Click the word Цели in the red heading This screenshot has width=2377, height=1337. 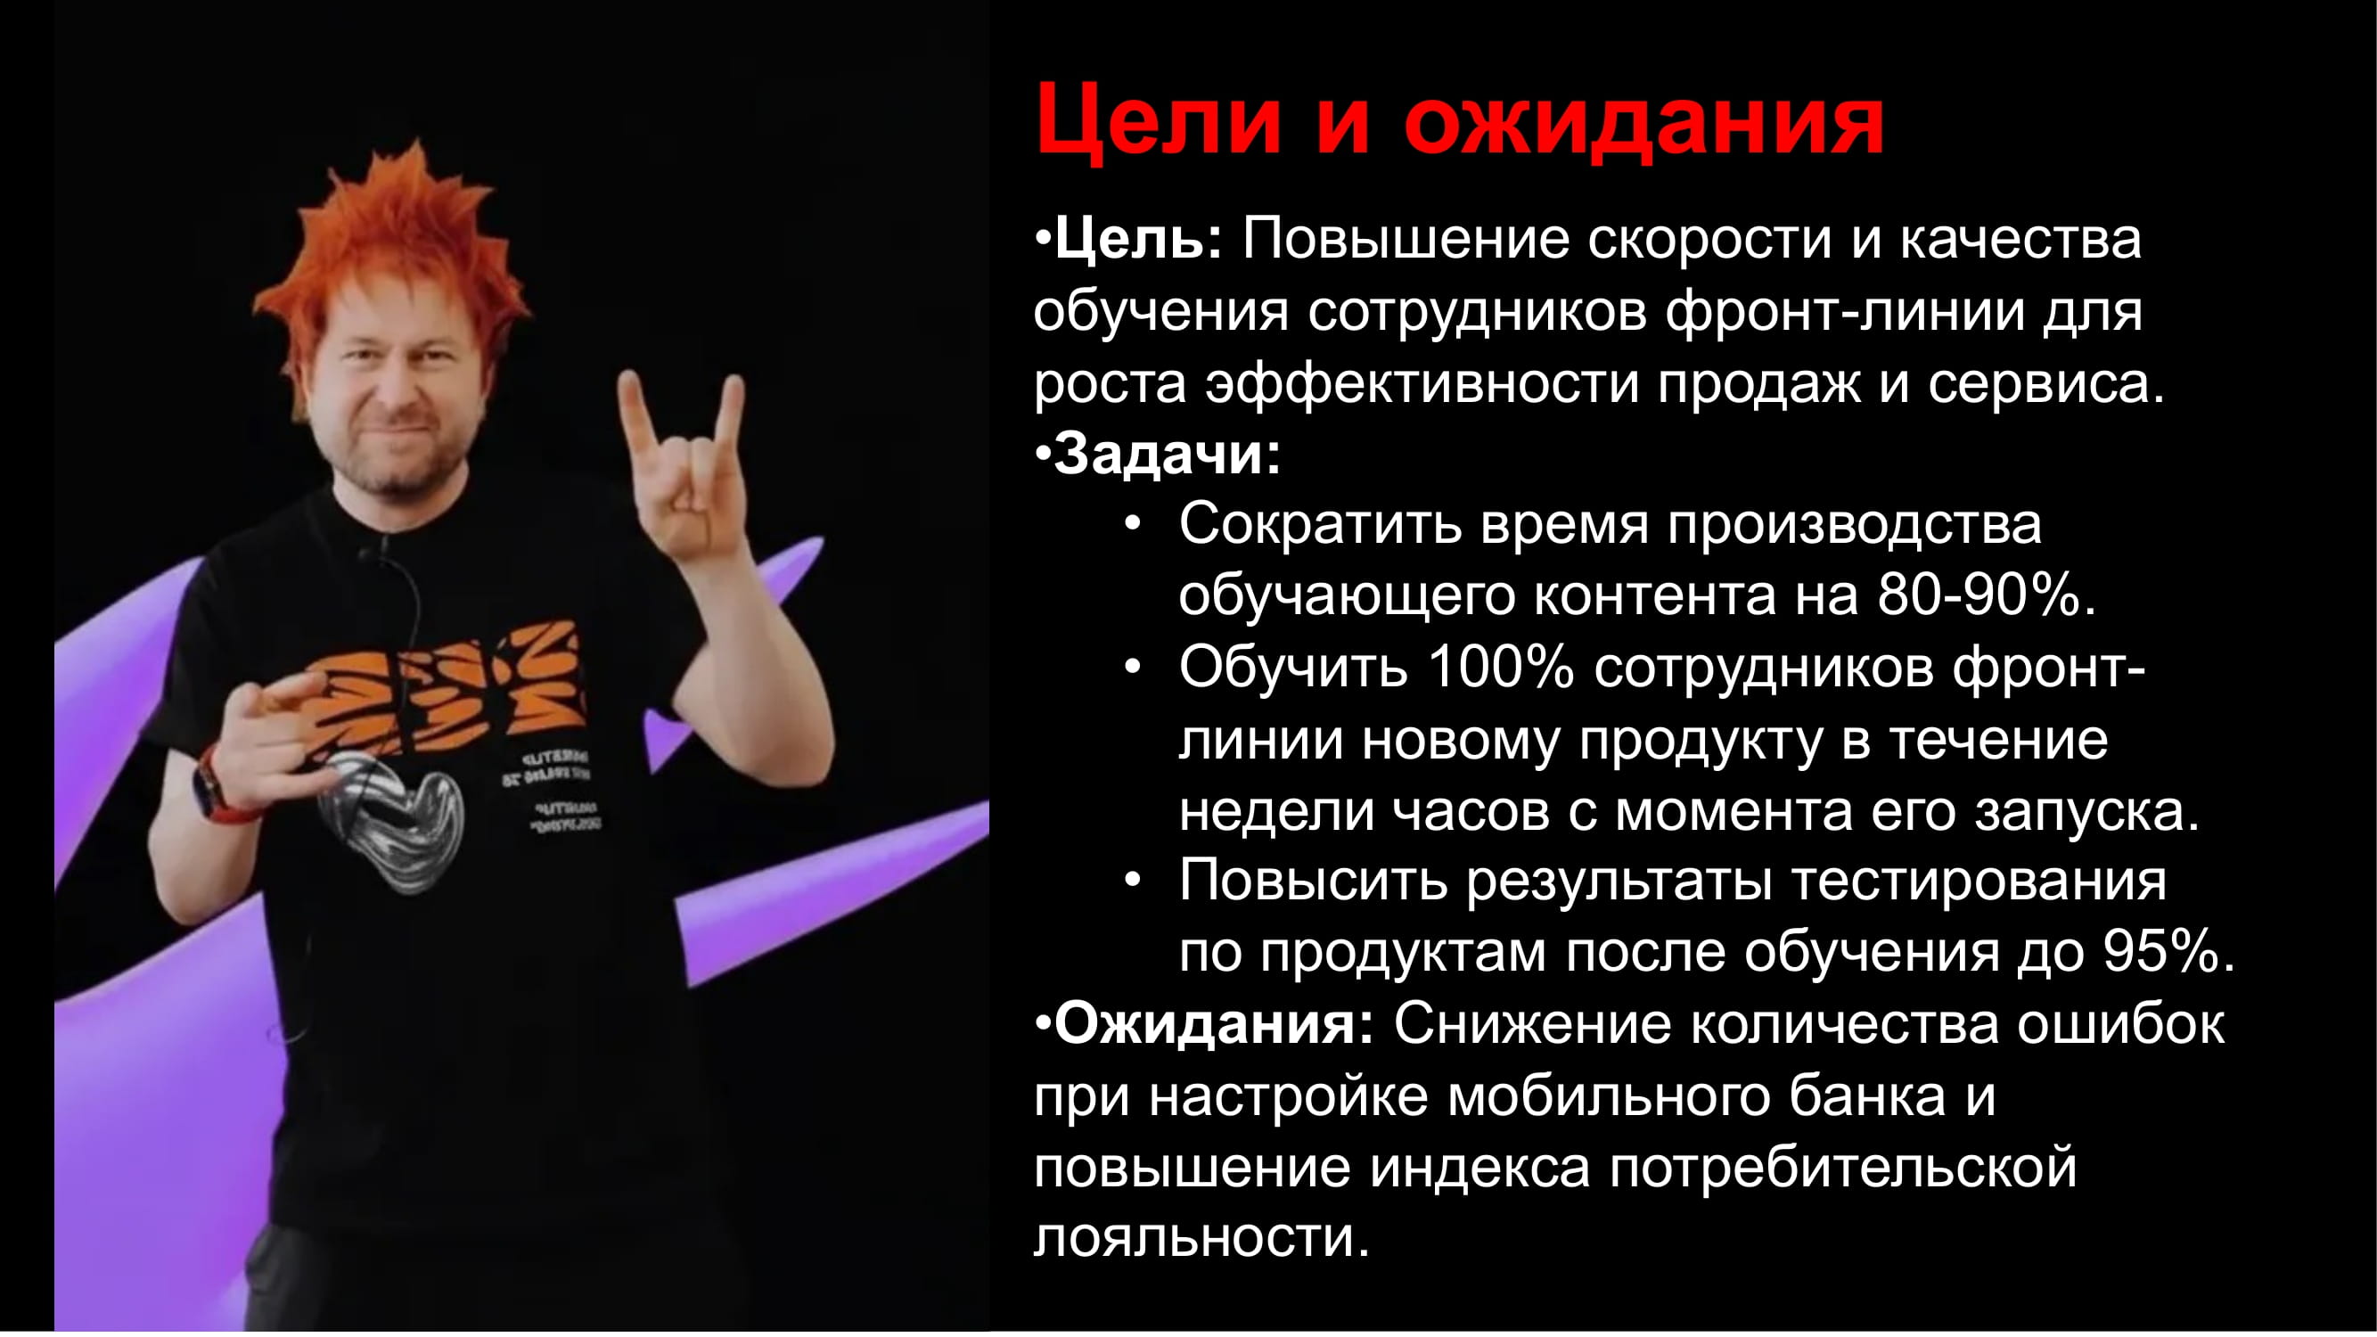[x=1159, y=120]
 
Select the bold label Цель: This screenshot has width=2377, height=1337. [x=1137, y=240]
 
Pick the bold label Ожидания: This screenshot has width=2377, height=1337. [x=1213, y=1023]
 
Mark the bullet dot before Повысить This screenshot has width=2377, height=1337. [x=1134, y=881]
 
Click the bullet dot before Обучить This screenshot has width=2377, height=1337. [x=1134, y=667]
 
